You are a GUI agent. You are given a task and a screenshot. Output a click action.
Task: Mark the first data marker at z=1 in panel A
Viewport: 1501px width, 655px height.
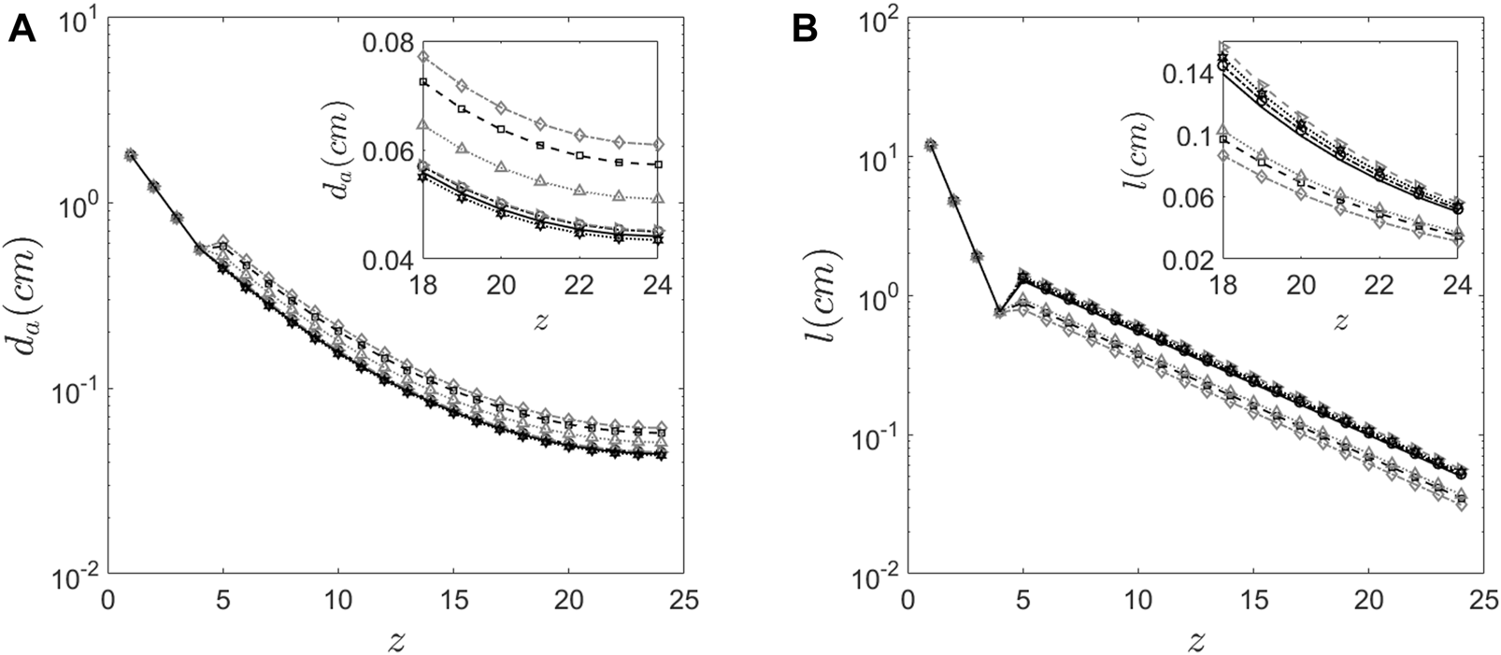[x=131, y=154]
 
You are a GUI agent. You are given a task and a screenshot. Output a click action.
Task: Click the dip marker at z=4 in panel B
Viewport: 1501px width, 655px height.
[x=999, y=311]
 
